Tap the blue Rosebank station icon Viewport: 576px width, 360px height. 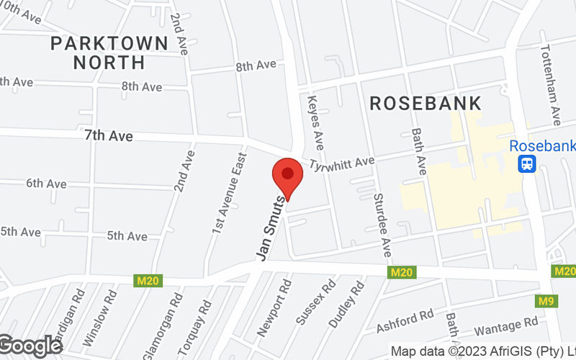(528, 163)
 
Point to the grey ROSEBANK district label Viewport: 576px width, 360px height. (425, 103)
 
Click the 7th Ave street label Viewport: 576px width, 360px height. (109, 135)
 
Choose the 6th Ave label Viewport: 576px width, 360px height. (46, 183)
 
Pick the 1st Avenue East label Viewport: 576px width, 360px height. (230, 192)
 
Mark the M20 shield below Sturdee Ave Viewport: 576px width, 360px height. (401, 272)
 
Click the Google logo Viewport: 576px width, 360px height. (30, 346)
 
